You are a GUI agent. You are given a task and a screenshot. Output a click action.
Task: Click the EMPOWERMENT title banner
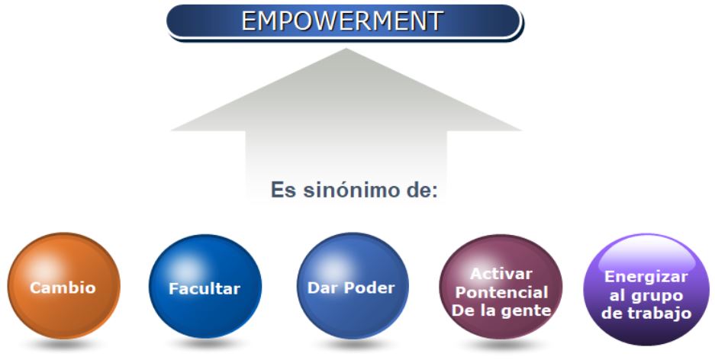coord(345,22)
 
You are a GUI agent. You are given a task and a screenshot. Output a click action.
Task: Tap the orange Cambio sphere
coord(64,286)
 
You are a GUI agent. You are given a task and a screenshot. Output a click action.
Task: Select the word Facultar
coord(205,289)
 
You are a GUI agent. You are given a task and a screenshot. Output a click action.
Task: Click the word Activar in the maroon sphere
coord(501,274)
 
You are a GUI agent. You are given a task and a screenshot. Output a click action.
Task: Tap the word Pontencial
coord(501,293)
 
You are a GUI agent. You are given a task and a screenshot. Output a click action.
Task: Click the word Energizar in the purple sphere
coord(646,277)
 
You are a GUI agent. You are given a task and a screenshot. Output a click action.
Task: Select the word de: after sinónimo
coord(422,190)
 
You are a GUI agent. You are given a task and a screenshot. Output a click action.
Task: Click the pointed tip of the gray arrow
coord(346,49)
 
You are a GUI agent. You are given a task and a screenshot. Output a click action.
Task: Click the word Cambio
coord(63,288)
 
